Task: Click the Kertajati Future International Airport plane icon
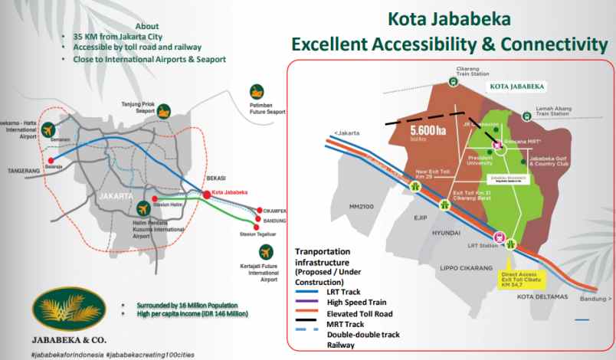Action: pos(266,252)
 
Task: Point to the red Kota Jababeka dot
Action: pos(207,195)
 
